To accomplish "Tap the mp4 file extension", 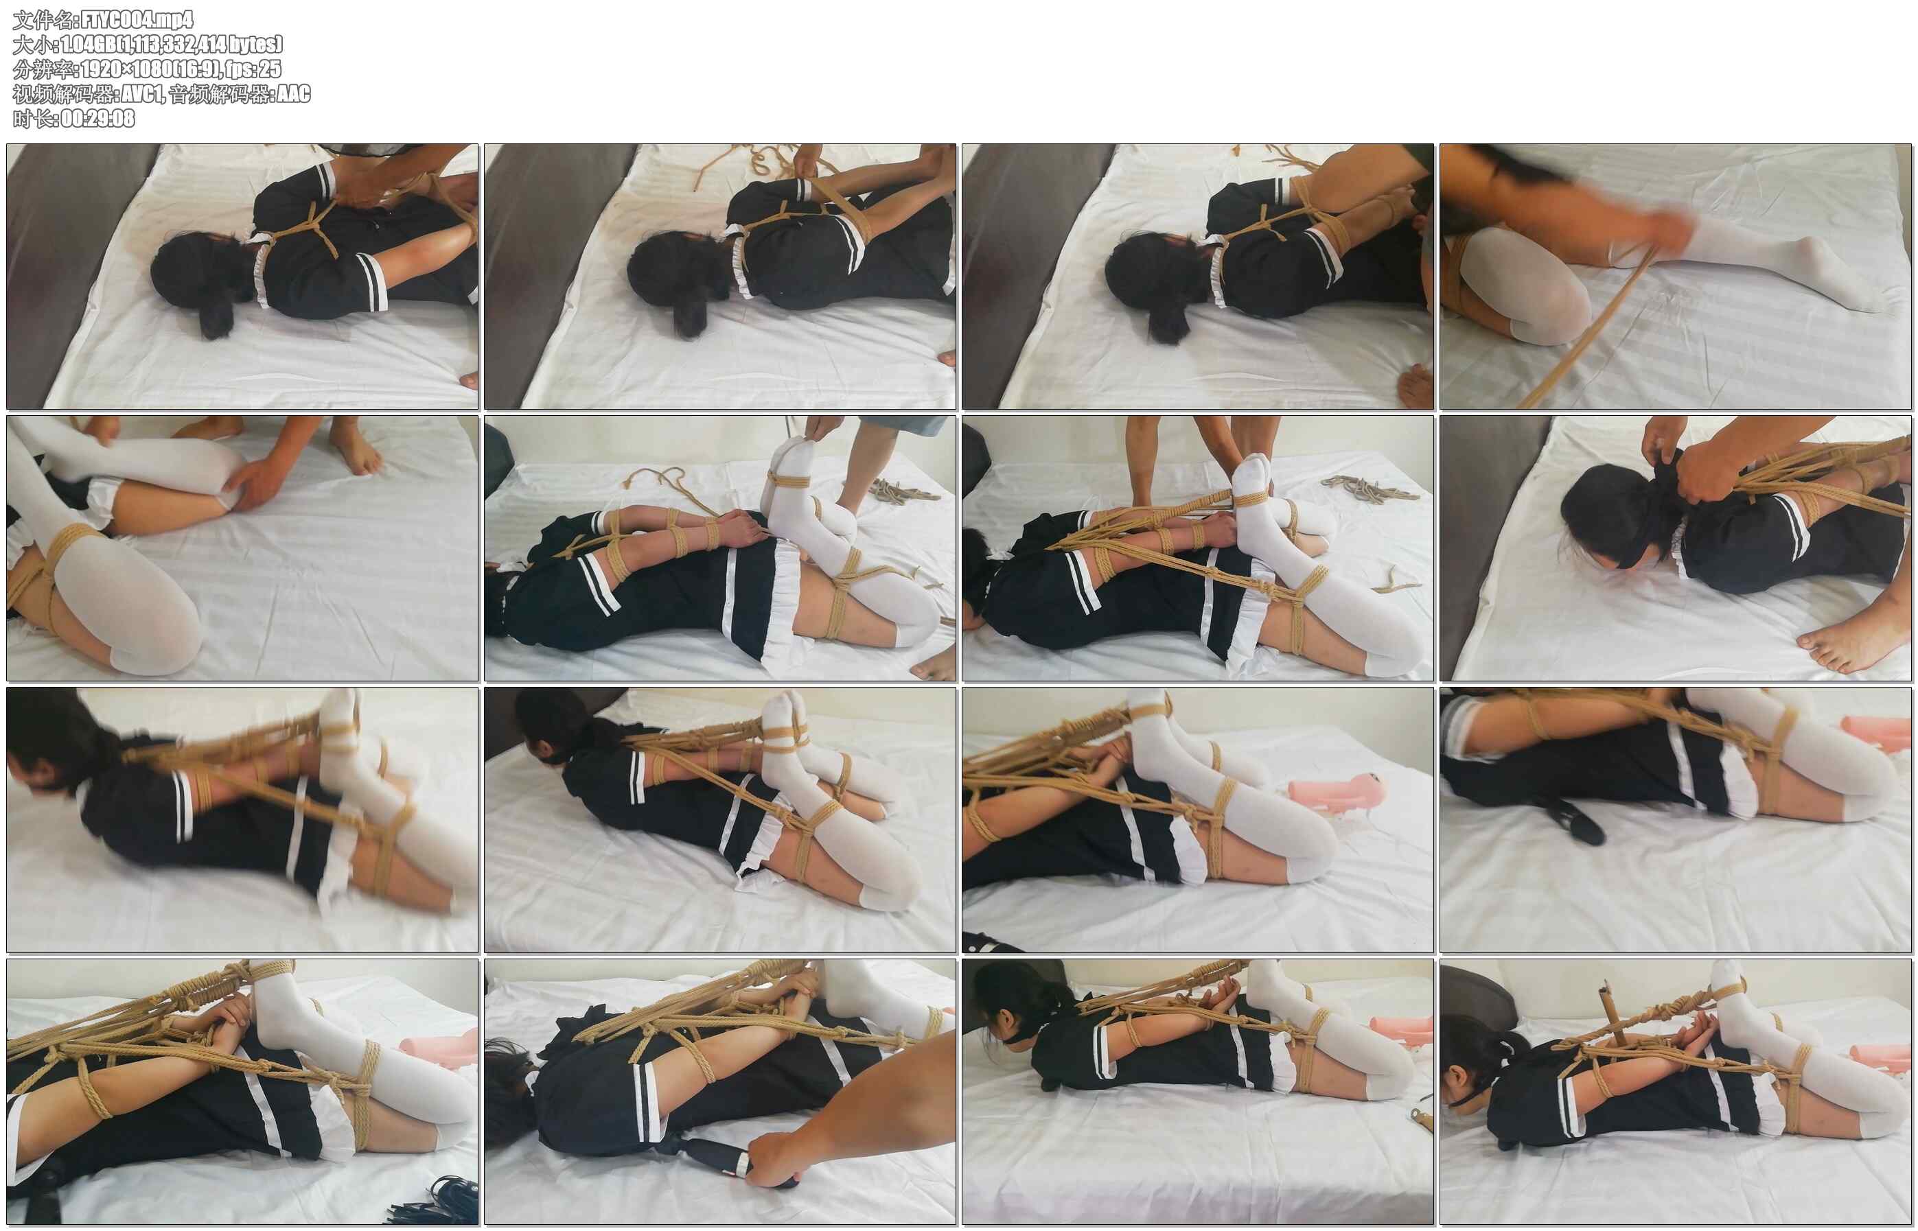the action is (x=178, y=20).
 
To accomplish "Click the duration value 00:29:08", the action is (x=97, y=118).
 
